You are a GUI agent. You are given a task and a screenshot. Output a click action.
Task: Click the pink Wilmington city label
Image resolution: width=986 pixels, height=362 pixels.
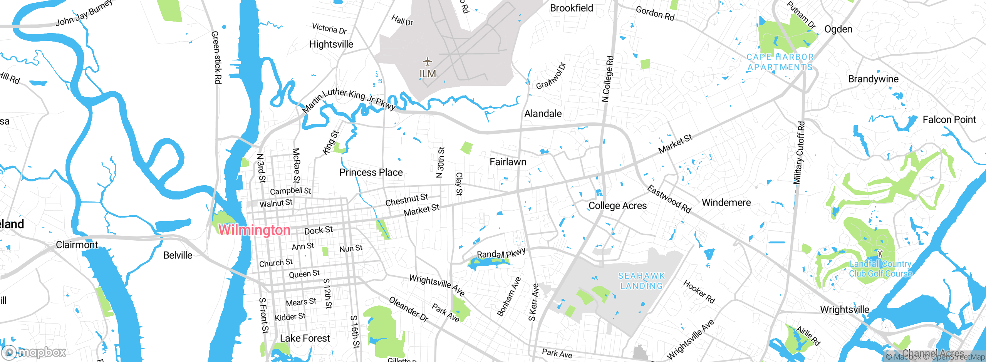(254, 230)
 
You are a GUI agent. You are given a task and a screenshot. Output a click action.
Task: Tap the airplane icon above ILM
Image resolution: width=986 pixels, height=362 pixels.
(427, 62)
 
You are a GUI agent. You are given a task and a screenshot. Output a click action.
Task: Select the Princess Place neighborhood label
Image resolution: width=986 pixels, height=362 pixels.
(371, 173)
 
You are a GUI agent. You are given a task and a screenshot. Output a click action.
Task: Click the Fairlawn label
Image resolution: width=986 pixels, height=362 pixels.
(508, 162)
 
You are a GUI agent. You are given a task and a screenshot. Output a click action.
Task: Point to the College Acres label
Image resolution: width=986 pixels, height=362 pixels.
(617, 206)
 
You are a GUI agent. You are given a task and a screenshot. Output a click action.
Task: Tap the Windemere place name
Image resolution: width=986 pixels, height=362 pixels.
(726, 203)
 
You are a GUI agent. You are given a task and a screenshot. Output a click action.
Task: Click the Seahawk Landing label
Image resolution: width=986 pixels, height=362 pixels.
(641, 281)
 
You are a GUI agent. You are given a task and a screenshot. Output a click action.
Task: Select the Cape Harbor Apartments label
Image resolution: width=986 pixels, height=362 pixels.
(780, 62)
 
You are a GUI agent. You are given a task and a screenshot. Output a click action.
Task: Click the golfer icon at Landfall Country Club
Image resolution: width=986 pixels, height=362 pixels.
(880, 253)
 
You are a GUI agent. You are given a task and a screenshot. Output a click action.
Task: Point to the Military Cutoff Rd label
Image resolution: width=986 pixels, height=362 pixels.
(799, 153)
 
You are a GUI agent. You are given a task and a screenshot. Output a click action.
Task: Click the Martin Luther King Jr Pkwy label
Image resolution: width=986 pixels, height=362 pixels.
(349, 99)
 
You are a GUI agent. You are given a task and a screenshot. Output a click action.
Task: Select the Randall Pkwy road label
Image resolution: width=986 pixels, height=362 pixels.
(501, 253)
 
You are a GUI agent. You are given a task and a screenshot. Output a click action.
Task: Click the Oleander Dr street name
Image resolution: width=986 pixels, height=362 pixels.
(408, 309)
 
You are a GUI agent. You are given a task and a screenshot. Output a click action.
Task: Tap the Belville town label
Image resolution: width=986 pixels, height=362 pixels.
(178, 255)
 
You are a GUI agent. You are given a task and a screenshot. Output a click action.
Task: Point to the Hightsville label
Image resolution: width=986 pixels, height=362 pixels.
(331, 44)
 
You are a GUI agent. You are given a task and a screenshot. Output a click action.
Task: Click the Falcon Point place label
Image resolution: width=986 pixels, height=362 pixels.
(949, 120)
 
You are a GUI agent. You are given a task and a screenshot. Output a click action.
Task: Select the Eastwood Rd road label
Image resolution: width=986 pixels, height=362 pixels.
(669, 199)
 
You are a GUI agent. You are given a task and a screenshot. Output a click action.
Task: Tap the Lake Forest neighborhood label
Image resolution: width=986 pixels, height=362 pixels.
(305, 338)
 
